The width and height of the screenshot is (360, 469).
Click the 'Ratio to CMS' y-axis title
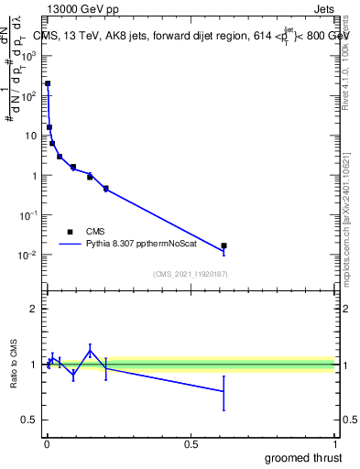(15, 364)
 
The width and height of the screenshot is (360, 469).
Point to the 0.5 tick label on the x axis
(191, 443)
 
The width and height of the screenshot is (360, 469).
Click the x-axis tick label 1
(334, 443)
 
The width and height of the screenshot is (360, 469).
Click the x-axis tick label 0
(47, 443)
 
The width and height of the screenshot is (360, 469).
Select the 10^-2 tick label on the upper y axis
(28, 255)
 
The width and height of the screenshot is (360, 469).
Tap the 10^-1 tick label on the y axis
(28, 215)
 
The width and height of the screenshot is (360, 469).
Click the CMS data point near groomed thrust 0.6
(224, 245)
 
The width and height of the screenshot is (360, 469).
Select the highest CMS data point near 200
(48, 83)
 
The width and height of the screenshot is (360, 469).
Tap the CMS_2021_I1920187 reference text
(190, 274)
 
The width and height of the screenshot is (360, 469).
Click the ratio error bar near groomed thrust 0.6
(224, 391)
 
